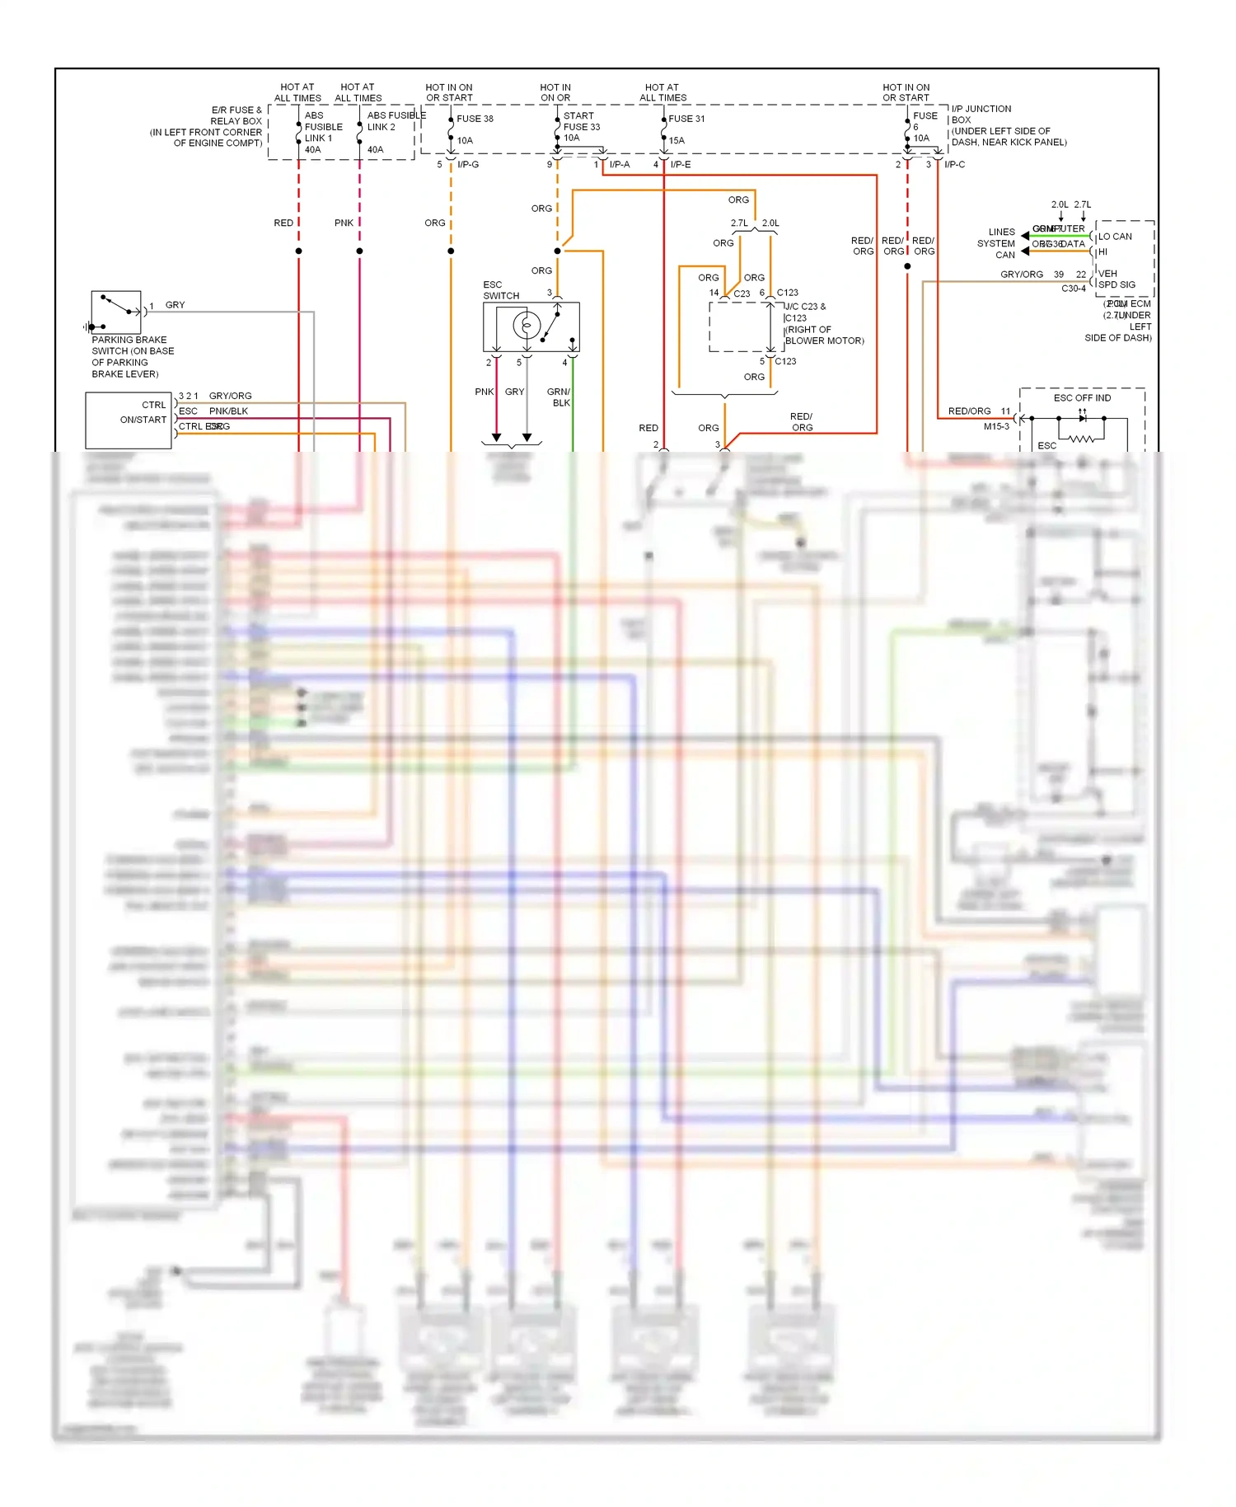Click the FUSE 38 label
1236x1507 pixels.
475,119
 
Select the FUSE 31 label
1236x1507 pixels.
686,119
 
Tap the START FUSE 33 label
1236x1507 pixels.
581,121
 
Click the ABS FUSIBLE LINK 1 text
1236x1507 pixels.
323,127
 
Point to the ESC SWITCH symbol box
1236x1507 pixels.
531,326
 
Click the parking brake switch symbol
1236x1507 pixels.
115,312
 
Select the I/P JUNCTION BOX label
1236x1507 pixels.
981,114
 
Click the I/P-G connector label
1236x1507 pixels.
468,165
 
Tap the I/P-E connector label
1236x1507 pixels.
681,165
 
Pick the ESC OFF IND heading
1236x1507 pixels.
1082,398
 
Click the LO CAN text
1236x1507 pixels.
1115,237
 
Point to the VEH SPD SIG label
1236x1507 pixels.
1117,279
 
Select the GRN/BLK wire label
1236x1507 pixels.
559,397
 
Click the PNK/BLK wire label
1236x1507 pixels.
228,411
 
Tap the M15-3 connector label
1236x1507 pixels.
995,427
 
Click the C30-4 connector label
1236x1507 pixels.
1073,289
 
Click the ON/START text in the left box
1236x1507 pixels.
143,420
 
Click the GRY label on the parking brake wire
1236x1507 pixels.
175,305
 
